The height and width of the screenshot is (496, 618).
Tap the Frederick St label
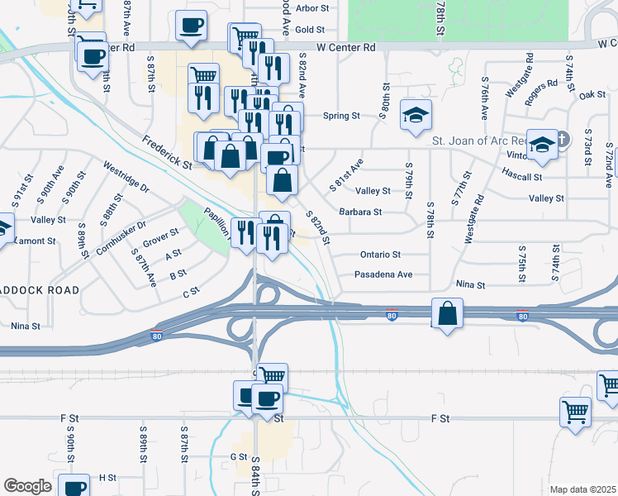tap(166, 153)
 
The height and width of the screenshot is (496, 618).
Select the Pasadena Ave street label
tap(383, 274)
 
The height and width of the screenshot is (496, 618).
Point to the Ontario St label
tap(380, 255)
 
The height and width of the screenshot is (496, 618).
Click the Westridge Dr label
tap(126, 176)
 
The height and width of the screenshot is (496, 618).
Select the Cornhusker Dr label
tap(121, 237)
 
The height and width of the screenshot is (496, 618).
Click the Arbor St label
tap(311, 8)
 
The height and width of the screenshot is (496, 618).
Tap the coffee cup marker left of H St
tap(75, 486)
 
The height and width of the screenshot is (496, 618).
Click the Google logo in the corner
tap(27, 486)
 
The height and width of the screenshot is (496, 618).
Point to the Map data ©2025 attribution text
tap(582, 489)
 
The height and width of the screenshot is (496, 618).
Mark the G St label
tap(239, 456)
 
